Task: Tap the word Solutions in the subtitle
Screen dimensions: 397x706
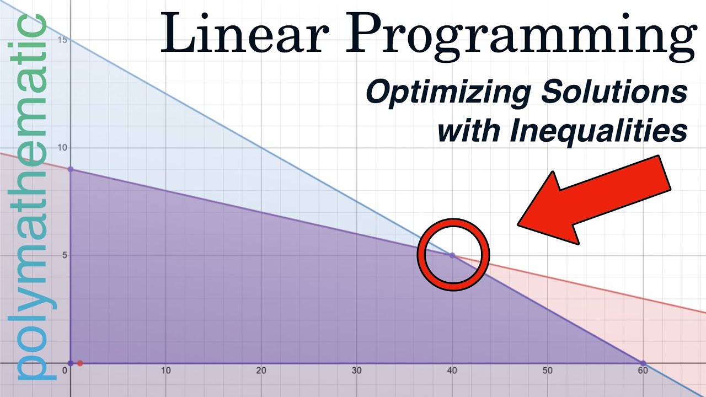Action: point(614,92)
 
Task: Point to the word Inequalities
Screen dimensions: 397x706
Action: point(598,131)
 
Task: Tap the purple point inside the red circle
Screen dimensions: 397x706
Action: point(452,255)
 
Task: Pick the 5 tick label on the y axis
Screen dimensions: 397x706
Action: point(63,255)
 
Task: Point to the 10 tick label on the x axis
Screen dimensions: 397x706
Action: point(165,371)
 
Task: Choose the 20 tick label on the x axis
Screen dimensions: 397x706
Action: point(261,371)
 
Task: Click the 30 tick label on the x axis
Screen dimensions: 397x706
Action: point(356,371)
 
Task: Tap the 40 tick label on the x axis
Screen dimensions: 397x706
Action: point(452,371)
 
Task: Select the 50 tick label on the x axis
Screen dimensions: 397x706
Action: point(547,371)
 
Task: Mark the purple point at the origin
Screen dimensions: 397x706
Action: point(71,363)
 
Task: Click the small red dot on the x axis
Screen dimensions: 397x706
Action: point(80,363)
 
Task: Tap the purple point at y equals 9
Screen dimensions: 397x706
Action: point(71,169)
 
